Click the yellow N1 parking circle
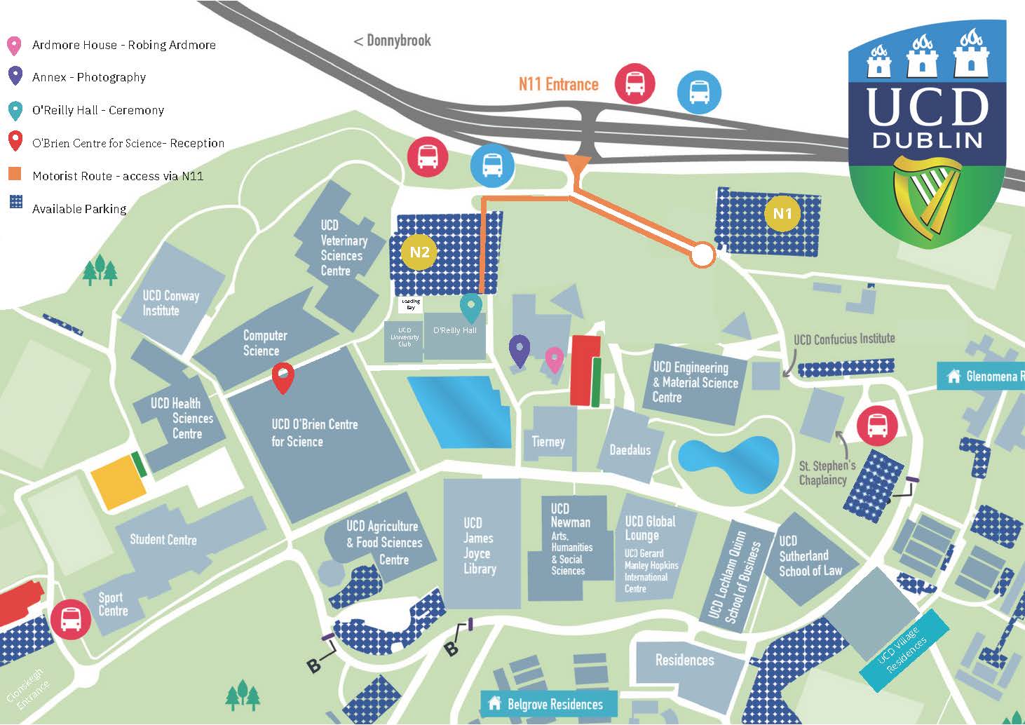pyautogui.click(x=782, y=213)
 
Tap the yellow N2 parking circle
pyautogui.click(x=419, y=252)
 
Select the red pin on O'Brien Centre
pyautogui.click(x=283, y=377)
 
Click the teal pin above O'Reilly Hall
pyautogui.click(x=470, y=307)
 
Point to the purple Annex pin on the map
pyautogui.click(x=519, y=349)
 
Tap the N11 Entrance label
pyautogui.click(x=558, y=84)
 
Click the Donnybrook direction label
pyautogui.click(x=393, y=41)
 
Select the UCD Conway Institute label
pyautogui.click(x=170, y=303)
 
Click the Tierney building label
pyautogui.click(x=548, y=442)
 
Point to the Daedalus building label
pyautogui.click(x=630, y=449)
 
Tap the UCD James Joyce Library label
pyautogui.click(x=479, y=546)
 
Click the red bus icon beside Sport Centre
pyautogui.click(x=70, y=619)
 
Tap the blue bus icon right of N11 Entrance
pyautogui.click(x=698, y=92)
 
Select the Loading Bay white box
pyautogui.click(x=411, y=304)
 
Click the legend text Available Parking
pyautogui.click(x=79, y=209)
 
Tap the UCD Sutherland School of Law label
pyautogui.click(x=810, y=555)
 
